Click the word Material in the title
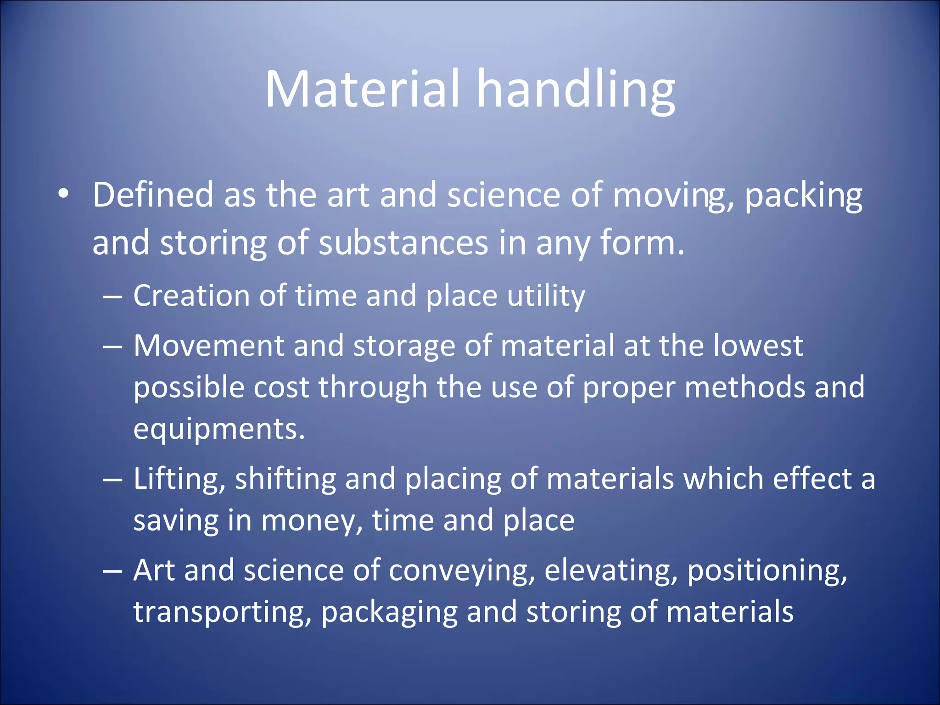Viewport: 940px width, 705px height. (362, 89)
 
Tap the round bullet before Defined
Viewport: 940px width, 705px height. (64, 194)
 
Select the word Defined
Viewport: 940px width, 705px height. (153, 195)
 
